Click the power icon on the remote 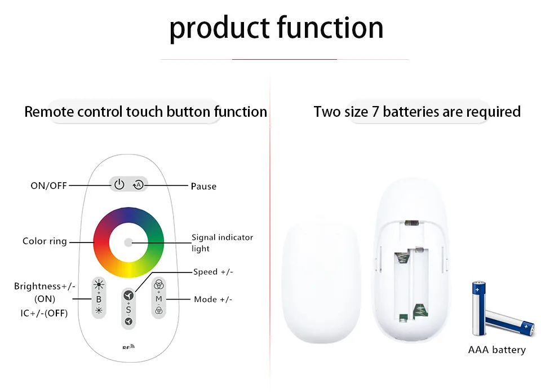point(119,184)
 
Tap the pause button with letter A point(138,184)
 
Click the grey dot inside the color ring point(128,243)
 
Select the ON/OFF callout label point(48,186)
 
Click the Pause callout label point(203,186)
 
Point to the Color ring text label point(45,241)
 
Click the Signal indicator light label point(222,243)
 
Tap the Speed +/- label point(213,272)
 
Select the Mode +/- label point(213,299)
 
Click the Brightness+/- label point(45,287)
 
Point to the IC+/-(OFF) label point(41,313)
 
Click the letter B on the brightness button point(99,299)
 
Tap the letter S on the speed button point(128,310)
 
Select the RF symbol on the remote point(128,347)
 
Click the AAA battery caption point(496,350)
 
